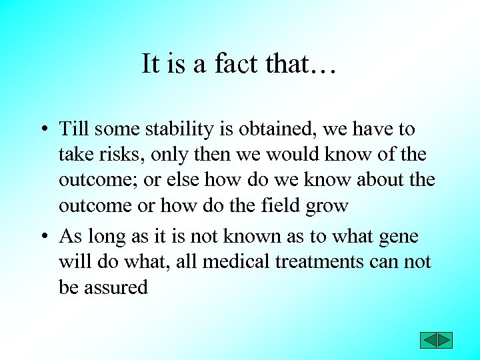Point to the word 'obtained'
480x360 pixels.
click(281, 128)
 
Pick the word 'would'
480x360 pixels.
click(294, 154)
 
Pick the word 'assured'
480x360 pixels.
click(116, 288)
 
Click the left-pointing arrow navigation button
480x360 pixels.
click(428, 340)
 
